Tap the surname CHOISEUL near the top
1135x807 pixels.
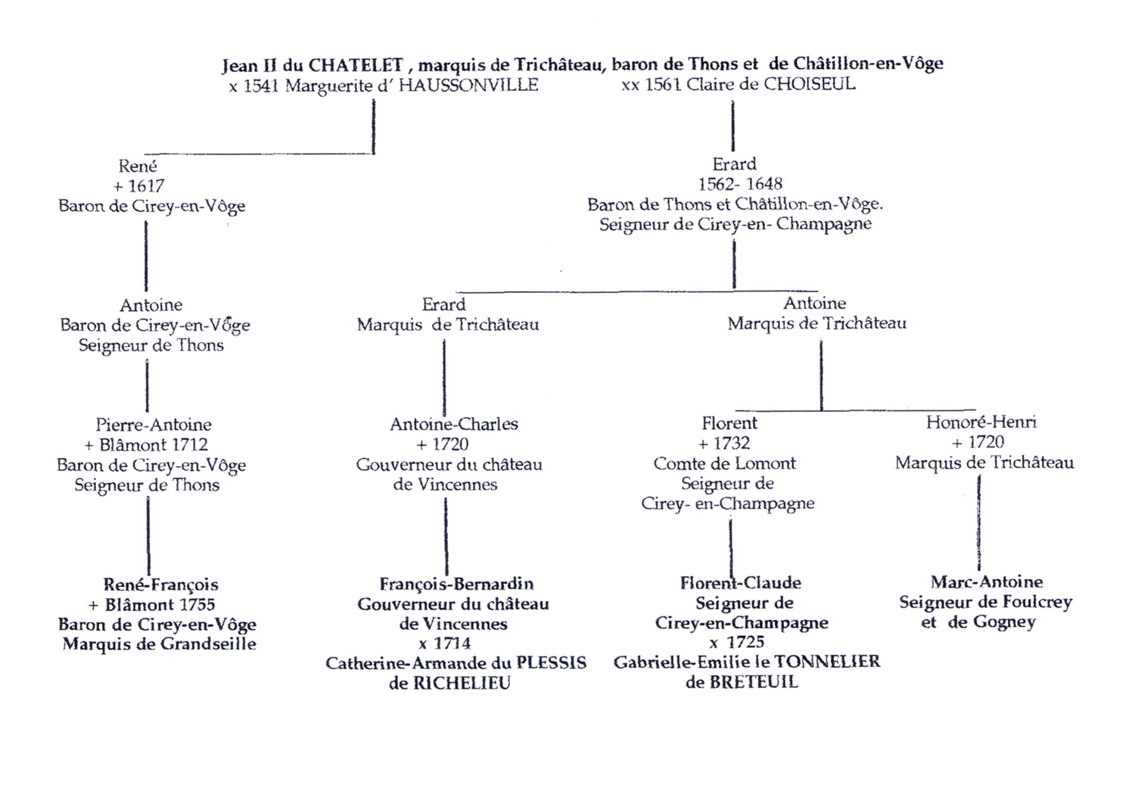pos(809,83)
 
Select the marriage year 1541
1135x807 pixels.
pos(261,86)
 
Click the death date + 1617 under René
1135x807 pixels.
pos(138,186)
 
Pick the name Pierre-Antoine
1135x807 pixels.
pos(154,425)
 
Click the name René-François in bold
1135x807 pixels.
pos(160,584)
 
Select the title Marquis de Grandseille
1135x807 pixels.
pos(159,644)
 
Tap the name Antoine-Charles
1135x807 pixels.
pos(454,424)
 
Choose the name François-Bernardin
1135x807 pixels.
pos(456,584)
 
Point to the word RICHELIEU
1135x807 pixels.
pos(461,683)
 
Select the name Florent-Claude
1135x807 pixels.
pos(740,583)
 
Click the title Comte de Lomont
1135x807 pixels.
pos(725,463)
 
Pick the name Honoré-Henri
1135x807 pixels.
pos(981,422)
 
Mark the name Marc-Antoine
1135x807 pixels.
pos(987,582)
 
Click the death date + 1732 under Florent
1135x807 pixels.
pos(724,443)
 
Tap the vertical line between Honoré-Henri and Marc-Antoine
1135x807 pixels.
pos(979,522)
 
